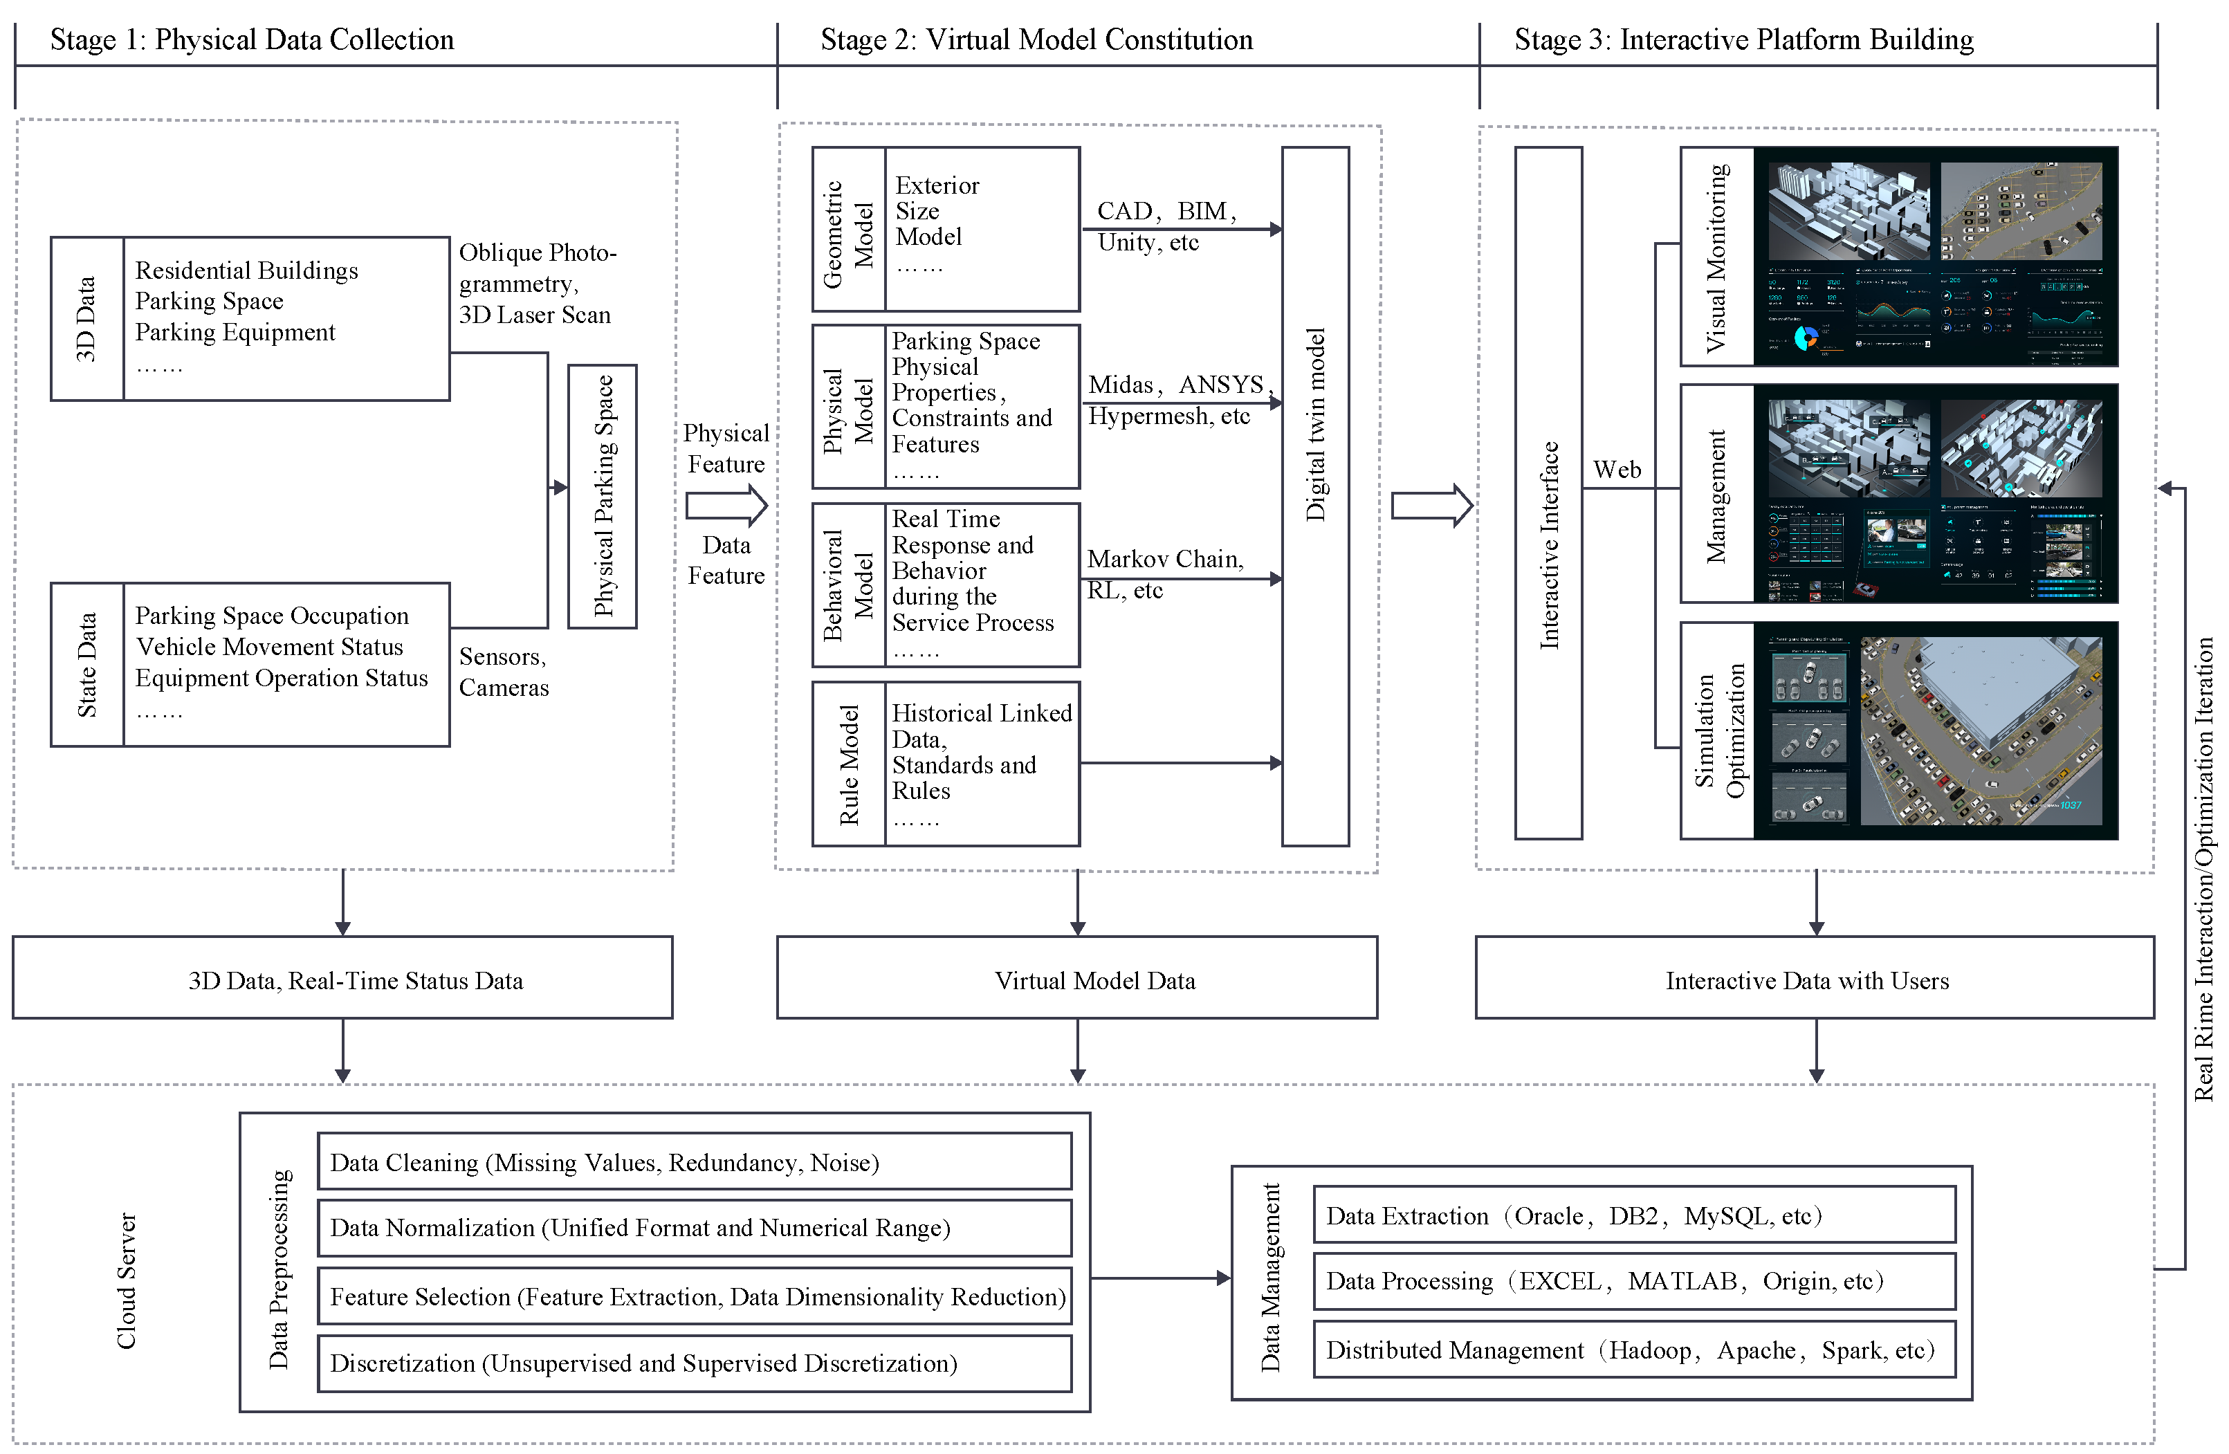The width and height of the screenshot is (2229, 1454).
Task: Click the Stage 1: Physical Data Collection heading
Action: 251,40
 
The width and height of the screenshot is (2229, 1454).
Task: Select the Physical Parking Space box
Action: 602,496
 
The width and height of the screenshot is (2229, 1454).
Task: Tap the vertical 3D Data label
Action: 86,318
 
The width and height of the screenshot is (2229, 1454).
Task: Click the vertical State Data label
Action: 86,665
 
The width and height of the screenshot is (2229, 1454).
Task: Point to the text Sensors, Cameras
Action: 503,671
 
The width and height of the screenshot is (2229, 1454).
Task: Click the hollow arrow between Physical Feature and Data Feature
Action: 726,506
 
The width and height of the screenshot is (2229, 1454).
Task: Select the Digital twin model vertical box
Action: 1315,496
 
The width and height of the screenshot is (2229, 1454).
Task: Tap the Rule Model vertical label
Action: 849,764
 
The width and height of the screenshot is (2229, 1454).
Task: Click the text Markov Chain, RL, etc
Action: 1164,574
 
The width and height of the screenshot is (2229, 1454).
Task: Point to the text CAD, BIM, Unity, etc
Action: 1165,226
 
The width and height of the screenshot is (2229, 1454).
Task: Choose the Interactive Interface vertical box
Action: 1548,493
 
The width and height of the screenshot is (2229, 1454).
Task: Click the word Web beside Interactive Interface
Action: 1617,469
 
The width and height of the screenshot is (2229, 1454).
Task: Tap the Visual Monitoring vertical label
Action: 1716,257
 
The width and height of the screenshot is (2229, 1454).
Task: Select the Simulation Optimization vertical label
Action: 1718,730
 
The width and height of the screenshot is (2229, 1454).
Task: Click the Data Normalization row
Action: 693,1227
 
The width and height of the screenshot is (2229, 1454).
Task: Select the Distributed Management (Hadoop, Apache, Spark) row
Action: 1633,1349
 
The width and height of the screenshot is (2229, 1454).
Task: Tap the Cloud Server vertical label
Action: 127,1281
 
